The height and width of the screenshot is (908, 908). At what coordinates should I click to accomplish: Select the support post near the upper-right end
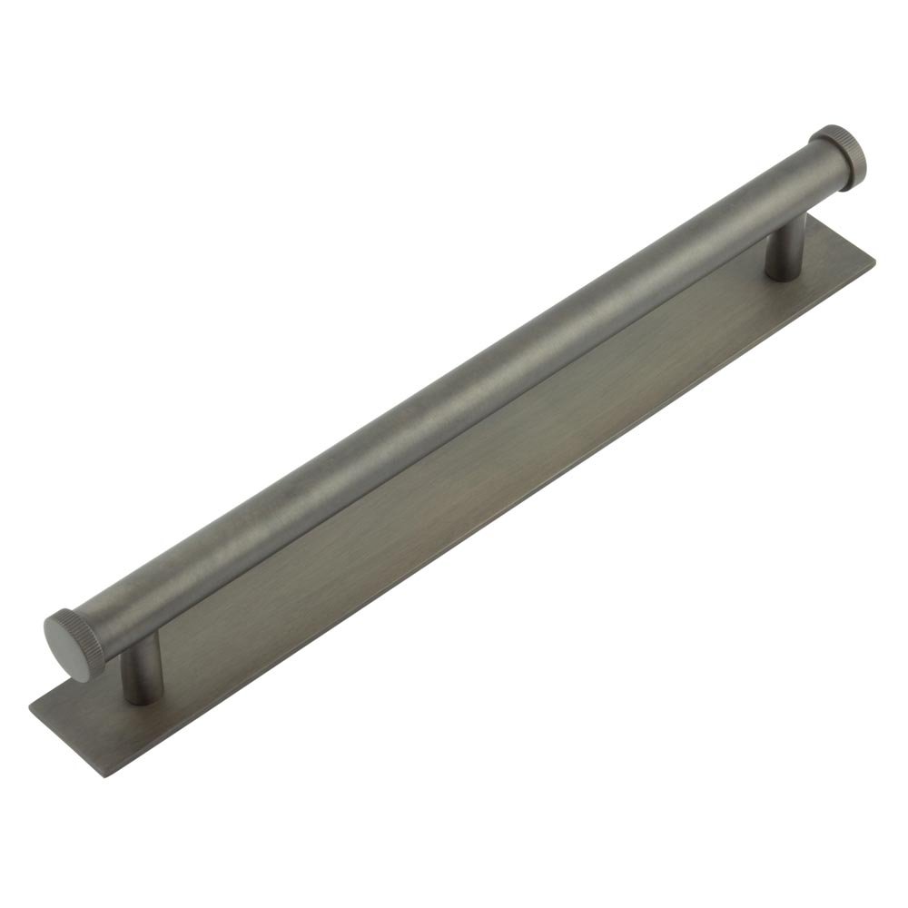tap(784, 251)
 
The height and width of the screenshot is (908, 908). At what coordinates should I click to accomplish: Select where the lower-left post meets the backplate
tap(137, 696)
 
